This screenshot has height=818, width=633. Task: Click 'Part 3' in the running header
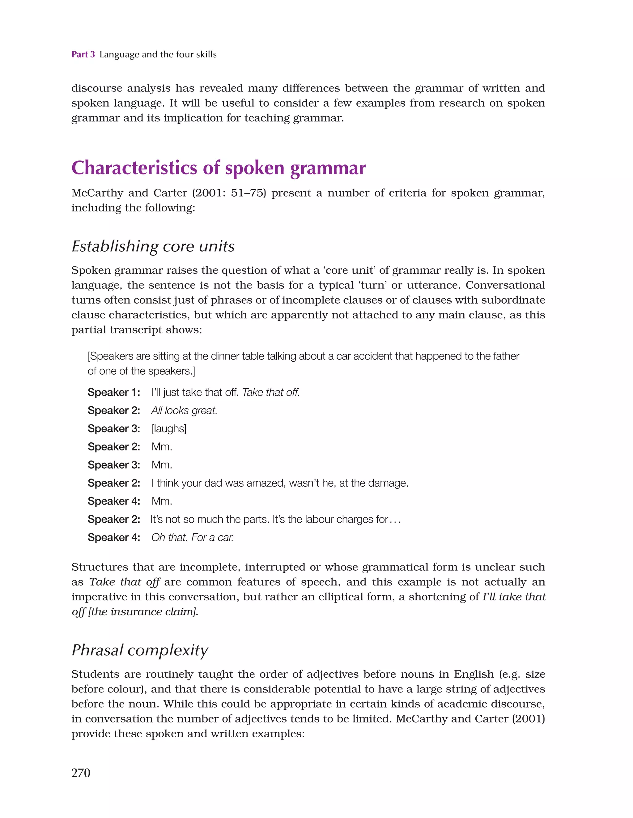(x=83, y=54)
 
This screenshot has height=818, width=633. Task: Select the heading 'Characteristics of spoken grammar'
(x=218, y=168)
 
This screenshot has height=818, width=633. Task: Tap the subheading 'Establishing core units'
(x=153, y=246)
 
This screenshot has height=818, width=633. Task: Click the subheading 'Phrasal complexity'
(x=140, y=650)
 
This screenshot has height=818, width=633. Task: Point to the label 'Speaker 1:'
(x=114, y=393)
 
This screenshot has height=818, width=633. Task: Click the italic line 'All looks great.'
(x=184, y=411)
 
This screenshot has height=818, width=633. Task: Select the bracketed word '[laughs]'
(x=169, y=429)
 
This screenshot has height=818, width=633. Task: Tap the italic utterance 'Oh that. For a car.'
(x=193, y=538)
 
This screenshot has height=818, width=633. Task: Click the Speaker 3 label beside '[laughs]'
(x=114, y=429)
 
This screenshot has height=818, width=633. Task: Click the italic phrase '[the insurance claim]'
(x=143, y=611)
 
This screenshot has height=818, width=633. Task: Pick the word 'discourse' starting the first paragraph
(x=97, y=88)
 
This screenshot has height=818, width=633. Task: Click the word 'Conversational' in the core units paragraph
(x=505, y=285)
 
